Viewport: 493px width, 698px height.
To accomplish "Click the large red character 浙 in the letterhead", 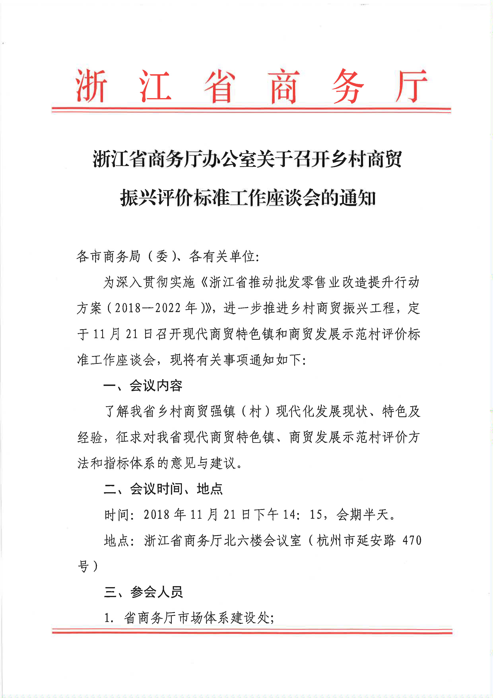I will pyautogui.click(x=91, y=86).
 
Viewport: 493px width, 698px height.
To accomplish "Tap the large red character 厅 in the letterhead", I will pyautogui.click(x=411, y=86).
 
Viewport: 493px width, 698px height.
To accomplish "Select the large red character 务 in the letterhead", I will pyautogui.click(x=348, y=86).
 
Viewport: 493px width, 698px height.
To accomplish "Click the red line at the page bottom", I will pyautogui.click(x=252, y=632).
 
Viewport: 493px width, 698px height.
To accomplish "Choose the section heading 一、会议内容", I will pyautogui.click(x=143, y=386).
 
